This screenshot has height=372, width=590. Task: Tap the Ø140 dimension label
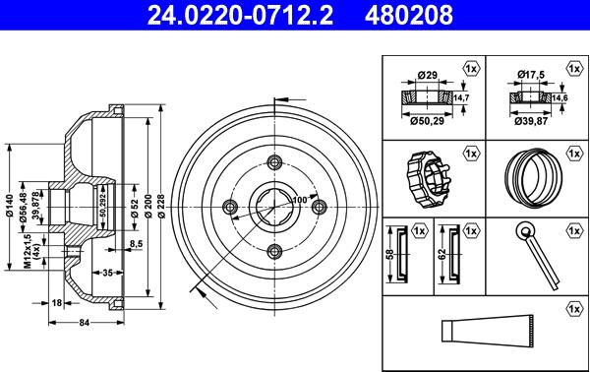click(9, 203)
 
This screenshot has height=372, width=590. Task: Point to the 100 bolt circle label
click(299, 200)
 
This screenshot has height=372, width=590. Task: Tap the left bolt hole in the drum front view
click(232, 205)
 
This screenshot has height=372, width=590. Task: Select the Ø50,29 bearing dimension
click(425, 121)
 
